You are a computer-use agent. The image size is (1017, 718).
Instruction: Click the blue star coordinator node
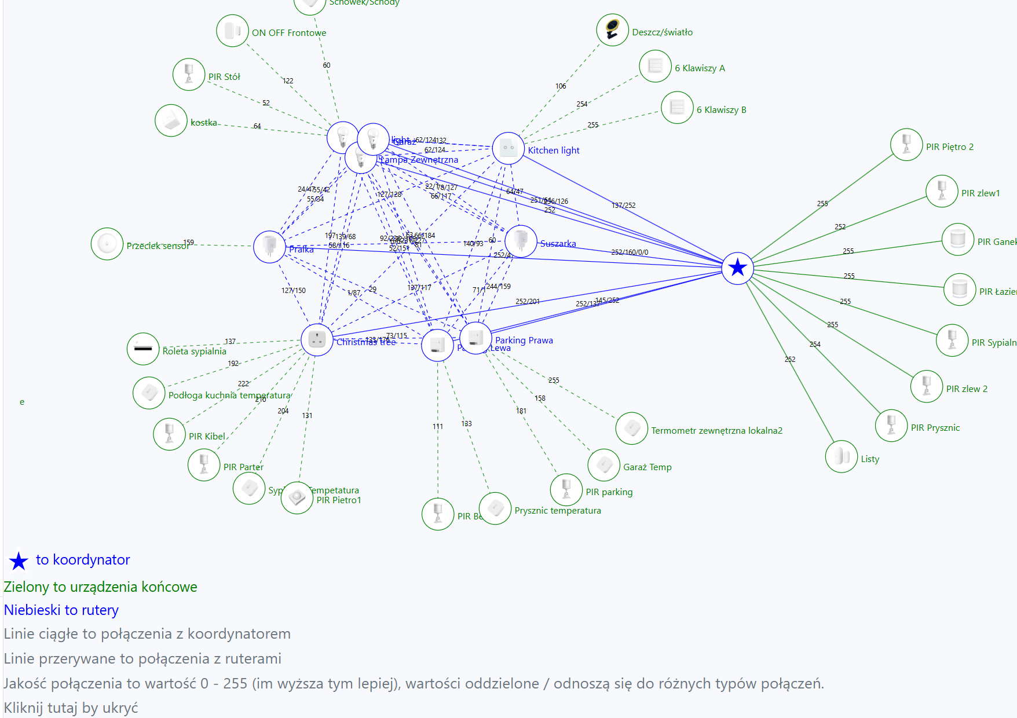tap(737, 268)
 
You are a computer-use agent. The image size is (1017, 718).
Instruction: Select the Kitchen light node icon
tap(508, 148)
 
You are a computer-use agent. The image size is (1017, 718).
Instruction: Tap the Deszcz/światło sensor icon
tap(612, 30)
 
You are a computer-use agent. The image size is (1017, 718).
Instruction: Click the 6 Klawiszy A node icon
tap(655, 66)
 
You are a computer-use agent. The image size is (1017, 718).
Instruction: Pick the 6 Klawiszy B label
tap(721, 110)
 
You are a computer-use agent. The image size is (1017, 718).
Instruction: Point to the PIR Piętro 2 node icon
tap(906, 145)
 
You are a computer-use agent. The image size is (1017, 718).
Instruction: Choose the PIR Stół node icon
tap(189, 75)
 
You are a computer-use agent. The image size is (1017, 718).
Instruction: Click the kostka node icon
tap(171, 120)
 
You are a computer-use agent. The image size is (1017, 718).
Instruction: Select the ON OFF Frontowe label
tap(289, 33)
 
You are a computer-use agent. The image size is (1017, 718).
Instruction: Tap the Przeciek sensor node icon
tap(107, 244)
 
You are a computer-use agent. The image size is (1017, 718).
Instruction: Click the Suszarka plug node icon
tap(521, 241)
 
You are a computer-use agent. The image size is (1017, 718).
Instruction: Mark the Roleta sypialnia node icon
tap(143, 349)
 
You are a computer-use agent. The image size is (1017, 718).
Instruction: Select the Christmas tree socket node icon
tap(317, 340)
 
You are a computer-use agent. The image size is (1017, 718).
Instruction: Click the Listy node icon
tap(841, 457)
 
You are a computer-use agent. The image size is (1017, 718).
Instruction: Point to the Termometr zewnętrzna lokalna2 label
tap(716, 431)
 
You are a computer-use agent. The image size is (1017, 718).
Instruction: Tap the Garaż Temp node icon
tap(603, 465)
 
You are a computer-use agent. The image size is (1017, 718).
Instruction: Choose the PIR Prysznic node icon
tap(891, 426)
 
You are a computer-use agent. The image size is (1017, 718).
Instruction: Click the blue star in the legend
tap(19, 561)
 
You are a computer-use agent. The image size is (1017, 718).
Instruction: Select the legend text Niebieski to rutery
tap(61, 610)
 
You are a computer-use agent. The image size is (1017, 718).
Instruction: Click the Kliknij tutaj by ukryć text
tap(71, 708)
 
